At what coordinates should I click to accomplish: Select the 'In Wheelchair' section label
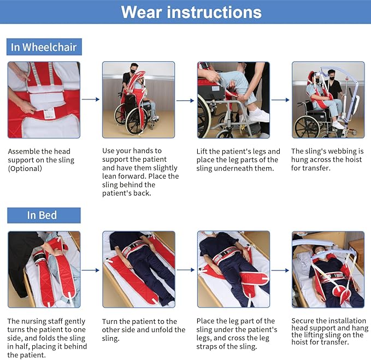[44, 47]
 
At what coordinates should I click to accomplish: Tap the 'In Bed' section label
[42, 215]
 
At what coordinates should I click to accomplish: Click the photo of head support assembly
[44, 99]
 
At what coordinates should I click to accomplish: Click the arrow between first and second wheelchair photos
[91, 99]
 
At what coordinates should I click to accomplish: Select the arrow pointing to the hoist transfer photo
[280, 99]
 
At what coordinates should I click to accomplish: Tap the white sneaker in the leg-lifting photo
[258, 115]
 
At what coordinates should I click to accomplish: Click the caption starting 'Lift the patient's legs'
[238, 160]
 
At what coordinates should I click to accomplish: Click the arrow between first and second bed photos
[91, 270]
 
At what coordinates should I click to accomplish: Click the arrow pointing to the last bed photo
[280, 270]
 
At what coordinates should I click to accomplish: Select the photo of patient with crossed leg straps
[233, 269]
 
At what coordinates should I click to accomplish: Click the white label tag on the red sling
[49, 113]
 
